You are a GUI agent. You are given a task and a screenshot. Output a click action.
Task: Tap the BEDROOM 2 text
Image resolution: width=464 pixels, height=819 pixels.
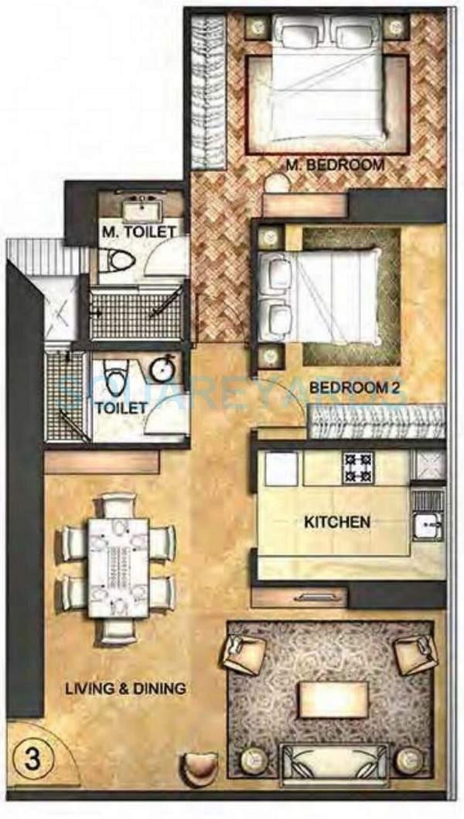(354, 387)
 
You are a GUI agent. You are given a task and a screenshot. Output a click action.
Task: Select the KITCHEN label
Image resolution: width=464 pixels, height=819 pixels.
(337, 521)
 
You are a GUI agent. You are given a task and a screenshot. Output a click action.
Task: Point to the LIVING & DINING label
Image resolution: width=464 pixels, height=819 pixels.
(126, 689)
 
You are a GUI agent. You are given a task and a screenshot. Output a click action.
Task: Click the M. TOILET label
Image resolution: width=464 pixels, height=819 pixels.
(138, 232)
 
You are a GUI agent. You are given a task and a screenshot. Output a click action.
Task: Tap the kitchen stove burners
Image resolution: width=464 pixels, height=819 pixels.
(358, 467)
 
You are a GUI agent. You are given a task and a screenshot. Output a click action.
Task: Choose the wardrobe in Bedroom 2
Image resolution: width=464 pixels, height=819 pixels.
(377, 421)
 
